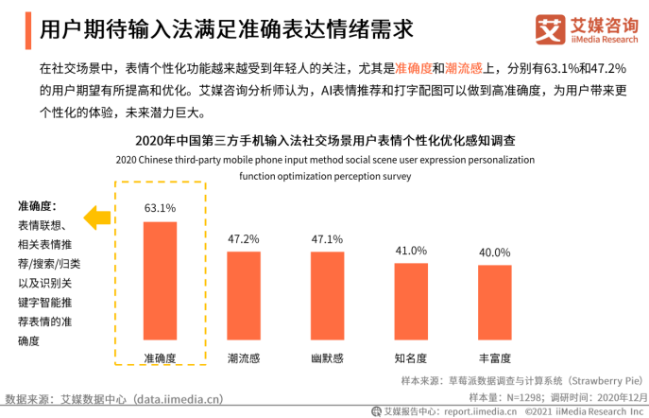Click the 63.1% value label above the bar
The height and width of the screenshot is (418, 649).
160,208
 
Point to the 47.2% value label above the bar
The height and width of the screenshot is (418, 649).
244,238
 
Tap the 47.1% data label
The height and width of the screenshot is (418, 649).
328,238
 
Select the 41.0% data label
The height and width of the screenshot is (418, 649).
411,251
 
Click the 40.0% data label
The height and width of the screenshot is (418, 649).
495,253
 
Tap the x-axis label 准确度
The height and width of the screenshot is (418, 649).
160,357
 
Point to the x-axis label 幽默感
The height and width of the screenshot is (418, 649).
328,357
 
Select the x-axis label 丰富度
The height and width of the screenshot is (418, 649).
495,357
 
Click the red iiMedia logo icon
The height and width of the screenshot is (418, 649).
549,28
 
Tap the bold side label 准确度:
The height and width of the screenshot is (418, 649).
38,205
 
